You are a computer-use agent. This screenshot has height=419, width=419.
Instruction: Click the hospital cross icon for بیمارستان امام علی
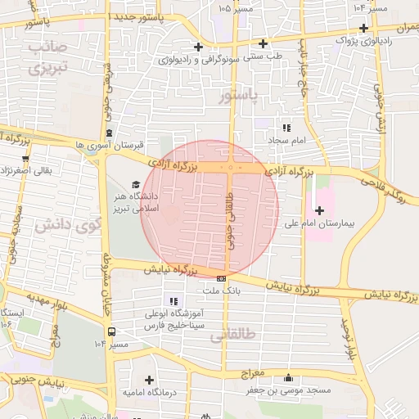[319, 211]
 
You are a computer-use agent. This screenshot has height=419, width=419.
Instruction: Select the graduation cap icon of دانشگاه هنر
[136, 183]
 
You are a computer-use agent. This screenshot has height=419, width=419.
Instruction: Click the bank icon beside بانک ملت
[221, 279]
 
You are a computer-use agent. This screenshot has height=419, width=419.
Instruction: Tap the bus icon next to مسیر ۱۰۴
[111, 331]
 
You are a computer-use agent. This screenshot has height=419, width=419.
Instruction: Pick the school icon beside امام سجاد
[286, 128]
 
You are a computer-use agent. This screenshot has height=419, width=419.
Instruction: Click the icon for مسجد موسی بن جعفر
[287, 378]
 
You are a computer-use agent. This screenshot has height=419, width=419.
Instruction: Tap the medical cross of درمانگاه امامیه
[149, 380]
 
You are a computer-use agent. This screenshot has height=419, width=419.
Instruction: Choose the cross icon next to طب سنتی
[263, 44]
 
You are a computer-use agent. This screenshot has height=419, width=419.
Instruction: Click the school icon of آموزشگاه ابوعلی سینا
[172, 301]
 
